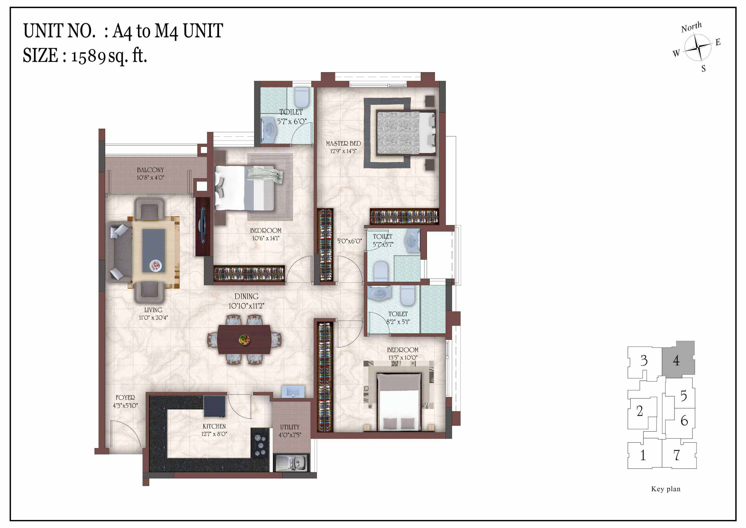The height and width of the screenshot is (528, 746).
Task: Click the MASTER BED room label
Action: (x=343, y=143)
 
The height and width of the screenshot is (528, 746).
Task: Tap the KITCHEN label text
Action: (x=214, y=426)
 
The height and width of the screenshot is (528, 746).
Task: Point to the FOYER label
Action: (x=125, y=398)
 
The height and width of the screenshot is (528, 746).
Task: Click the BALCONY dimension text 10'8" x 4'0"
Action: (x=150, y=178)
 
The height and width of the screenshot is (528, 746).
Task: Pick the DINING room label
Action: (x=247, y=296)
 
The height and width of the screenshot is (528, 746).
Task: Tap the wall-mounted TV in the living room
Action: (x=202, y=226)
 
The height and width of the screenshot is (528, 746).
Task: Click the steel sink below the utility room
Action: (x=291, y=463)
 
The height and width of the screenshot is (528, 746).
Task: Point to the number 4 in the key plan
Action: (x=676, y=360)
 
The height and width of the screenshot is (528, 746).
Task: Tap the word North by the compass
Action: (x=691, y=27)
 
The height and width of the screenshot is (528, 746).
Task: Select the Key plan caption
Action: (x=666, y=489)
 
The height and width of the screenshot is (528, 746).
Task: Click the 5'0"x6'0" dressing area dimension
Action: (x=349, y=241)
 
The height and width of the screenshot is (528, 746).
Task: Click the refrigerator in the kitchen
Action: (x=214, y=406)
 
